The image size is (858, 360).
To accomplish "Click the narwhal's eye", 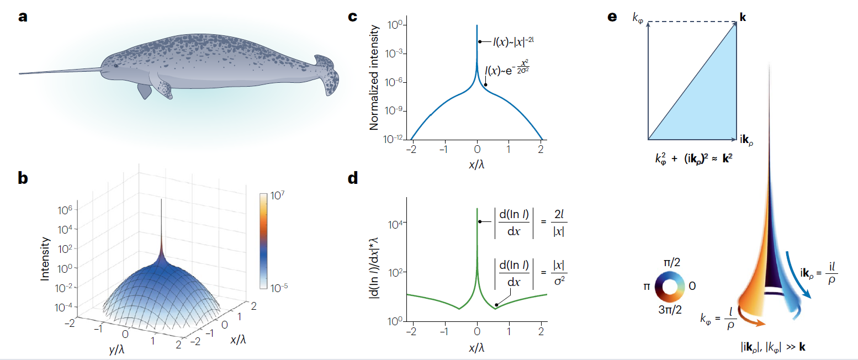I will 116,66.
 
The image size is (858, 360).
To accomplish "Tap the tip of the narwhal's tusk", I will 20,73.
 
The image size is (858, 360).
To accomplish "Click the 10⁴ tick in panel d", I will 399,224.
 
